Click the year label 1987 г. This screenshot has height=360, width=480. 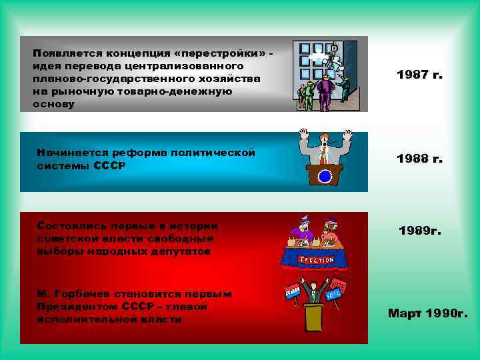coord(419,75)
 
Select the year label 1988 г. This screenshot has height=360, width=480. coord(419,159)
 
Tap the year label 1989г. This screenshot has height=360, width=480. coord(420,231)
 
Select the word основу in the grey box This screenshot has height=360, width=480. coord(57,105)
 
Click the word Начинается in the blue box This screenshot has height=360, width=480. coord(71,153)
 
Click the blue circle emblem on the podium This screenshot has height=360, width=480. coord(325,177)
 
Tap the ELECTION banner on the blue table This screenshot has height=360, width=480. coord(317,259)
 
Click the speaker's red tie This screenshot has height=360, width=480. coord(323,156)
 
